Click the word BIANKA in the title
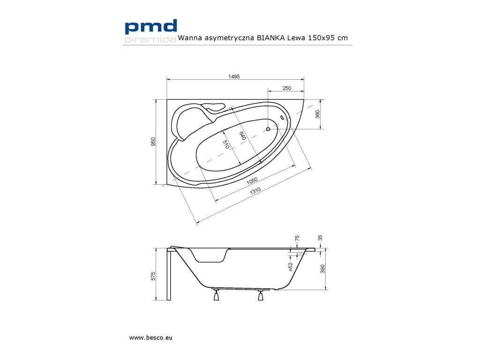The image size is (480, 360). [x=270, y=38]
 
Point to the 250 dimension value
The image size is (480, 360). [x=287, y=88]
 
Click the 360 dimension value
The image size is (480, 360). [x=317, y=114]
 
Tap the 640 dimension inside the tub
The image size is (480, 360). [x=242, y=136]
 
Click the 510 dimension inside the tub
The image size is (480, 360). [x=226, y=144]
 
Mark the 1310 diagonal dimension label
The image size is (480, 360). [x=255, y=191]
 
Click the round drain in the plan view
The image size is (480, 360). [x=268, y=129]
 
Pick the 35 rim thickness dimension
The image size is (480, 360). [x=320, y=238]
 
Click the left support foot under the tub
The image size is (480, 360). [x=216, y=296]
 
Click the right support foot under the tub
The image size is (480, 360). [x=260, y=296]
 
